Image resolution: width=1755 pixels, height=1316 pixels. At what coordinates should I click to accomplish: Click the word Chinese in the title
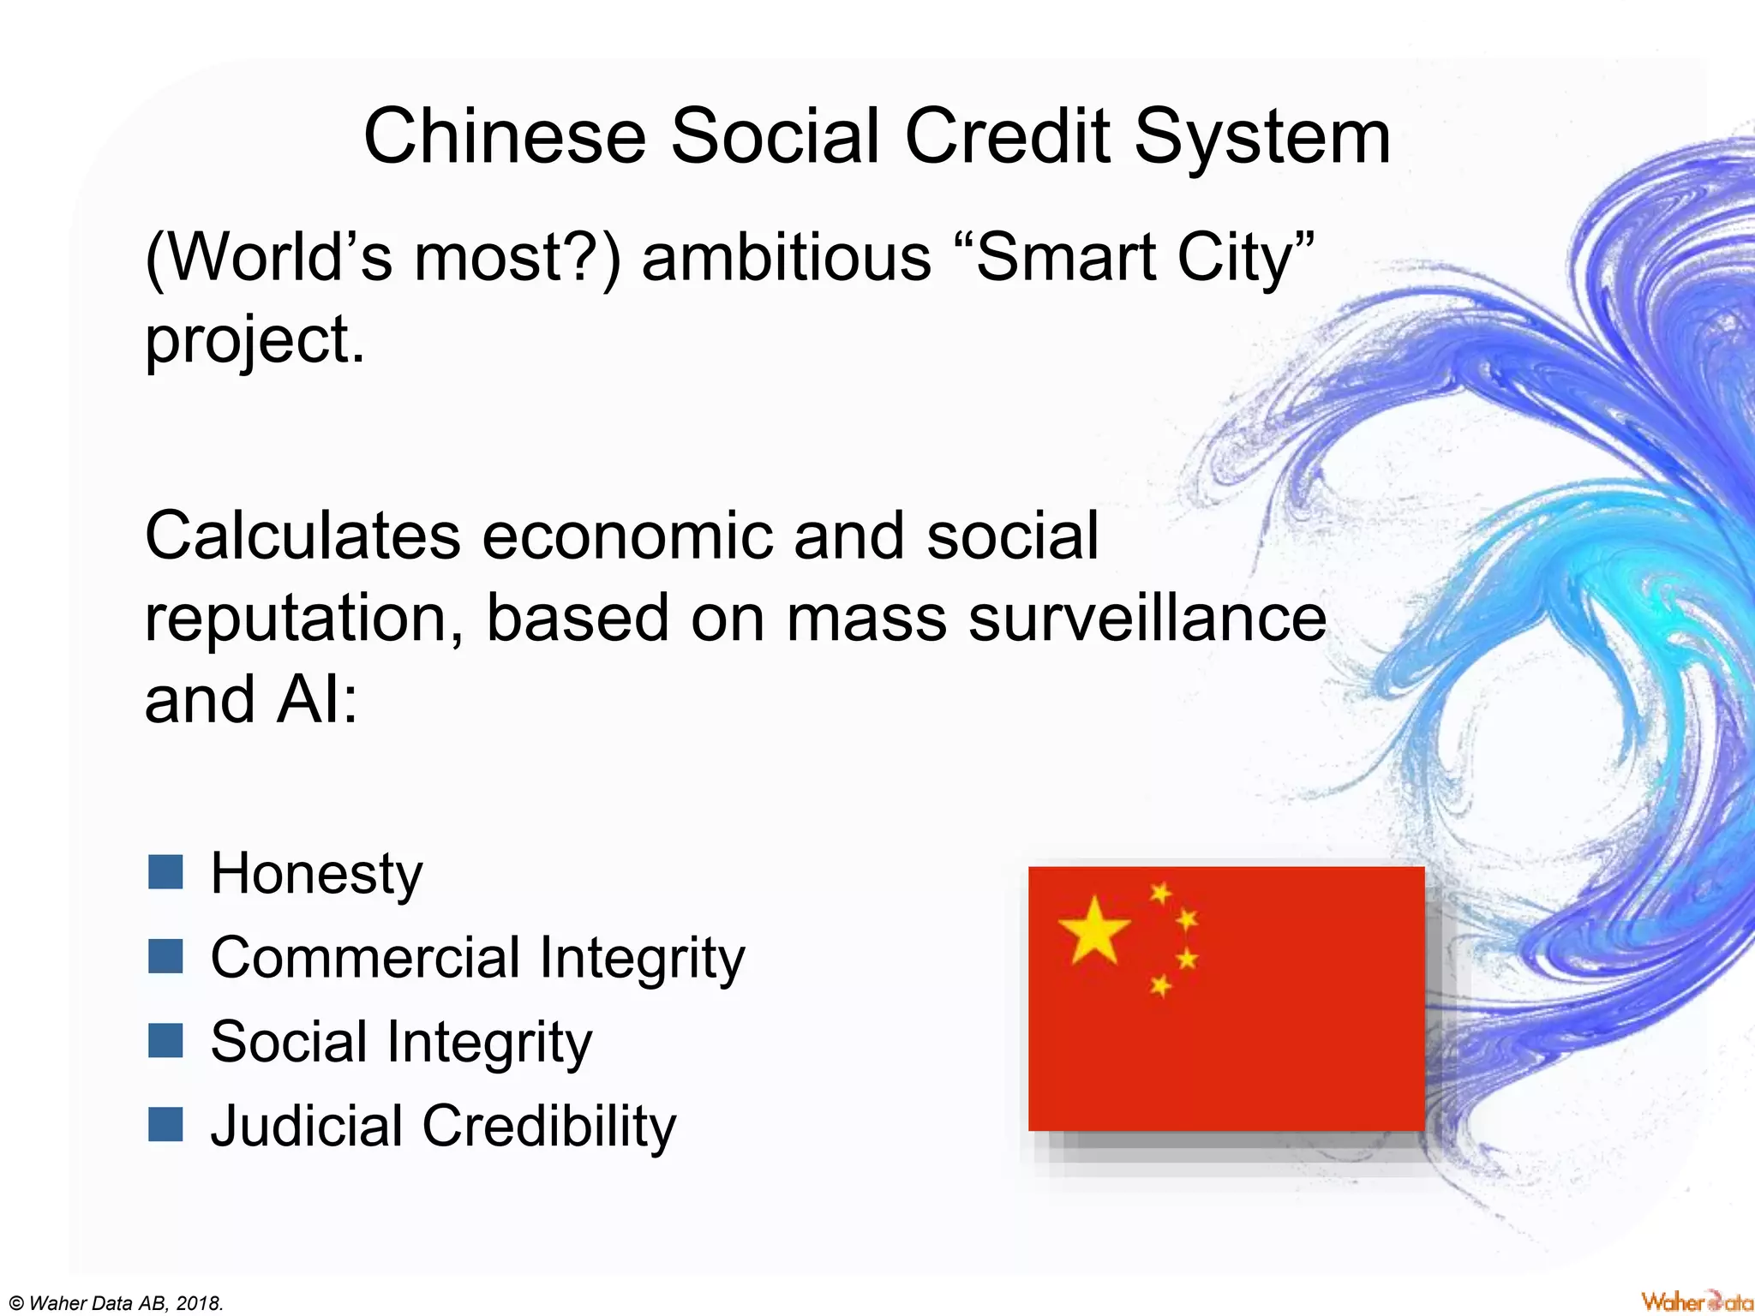tap(504, 137)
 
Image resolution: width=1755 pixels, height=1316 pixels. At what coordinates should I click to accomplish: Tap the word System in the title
tap(1262, 137)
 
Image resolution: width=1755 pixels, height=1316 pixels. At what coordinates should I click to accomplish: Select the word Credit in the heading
tap(1008, 137)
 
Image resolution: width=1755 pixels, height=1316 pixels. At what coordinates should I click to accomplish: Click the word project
tap(254, 341)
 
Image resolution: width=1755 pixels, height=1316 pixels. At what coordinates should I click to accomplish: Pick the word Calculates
tap(302, 536)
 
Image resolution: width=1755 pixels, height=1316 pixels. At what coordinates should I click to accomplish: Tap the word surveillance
tap(1147, 619)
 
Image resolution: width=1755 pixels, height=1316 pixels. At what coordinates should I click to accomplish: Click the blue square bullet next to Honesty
tap(165, 872)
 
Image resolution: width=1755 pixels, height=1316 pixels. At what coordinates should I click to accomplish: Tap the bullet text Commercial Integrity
tap(477, 957)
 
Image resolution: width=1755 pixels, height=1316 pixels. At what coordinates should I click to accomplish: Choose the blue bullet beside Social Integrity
tap(165, 1041)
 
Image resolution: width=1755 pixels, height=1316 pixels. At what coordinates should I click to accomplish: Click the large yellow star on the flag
tap(1093, 930)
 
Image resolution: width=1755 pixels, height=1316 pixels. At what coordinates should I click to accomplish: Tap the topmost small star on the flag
tap(1160, 893)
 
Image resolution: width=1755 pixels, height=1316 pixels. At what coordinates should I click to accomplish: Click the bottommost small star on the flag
tap(1160, 986)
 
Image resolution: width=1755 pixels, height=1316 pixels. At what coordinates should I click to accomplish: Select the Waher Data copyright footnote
tap(112, 1303)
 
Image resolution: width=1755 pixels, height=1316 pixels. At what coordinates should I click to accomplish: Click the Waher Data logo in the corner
tap(1695, 1301)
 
